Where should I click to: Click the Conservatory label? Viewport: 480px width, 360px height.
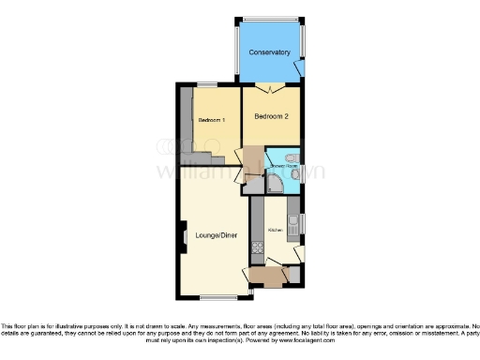269,52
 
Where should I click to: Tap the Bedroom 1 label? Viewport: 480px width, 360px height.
211,121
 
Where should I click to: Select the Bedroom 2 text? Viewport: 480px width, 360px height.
272,116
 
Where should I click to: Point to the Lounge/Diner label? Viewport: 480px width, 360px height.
216,234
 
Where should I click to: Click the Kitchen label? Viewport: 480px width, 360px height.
276,230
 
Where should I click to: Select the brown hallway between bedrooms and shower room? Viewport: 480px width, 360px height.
249,158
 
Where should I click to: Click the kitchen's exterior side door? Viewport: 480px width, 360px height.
298,253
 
